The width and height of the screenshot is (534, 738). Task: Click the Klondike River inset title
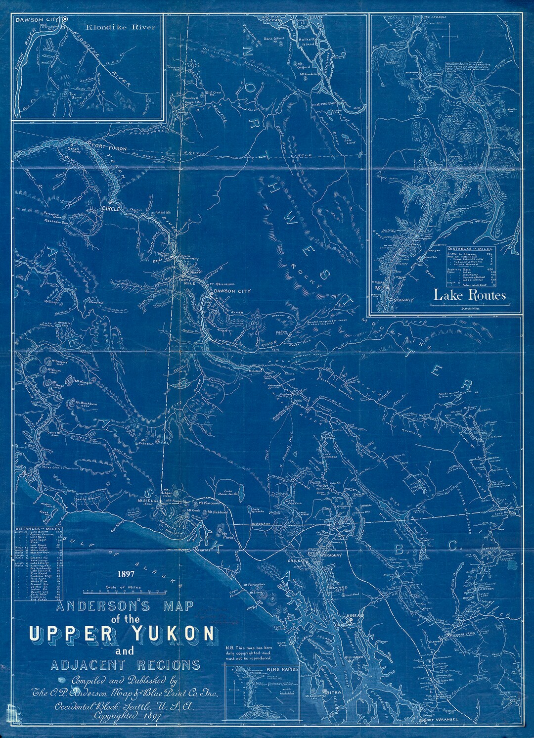point(120,27)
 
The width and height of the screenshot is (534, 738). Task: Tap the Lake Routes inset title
point(470,295)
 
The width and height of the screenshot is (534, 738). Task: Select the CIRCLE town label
point(111,209)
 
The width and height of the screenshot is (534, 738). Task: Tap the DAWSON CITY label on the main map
point(233,292)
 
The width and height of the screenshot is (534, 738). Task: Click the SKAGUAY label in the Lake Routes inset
point(405,300)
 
